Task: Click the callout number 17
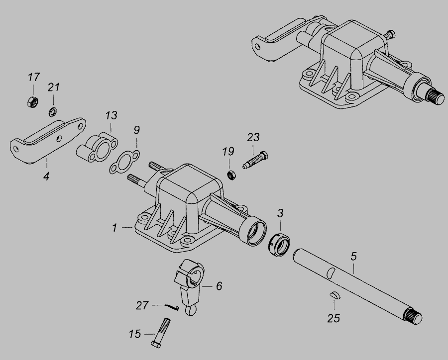34,77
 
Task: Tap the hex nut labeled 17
33,101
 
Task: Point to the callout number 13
111,115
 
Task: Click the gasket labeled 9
124,161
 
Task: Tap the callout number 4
46,176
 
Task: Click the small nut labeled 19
231,175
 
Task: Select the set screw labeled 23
255,160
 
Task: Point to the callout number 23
253,137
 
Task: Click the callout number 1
114,228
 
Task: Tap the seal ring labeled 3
279,245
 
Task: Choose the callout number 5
354,256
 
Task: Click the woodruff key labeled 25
335,295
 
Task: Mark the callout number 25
334,318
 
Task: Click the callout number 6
219,286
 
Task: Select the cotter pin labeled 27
172,307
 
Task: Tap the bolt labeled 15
161,332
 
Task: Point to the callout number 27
142,305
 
